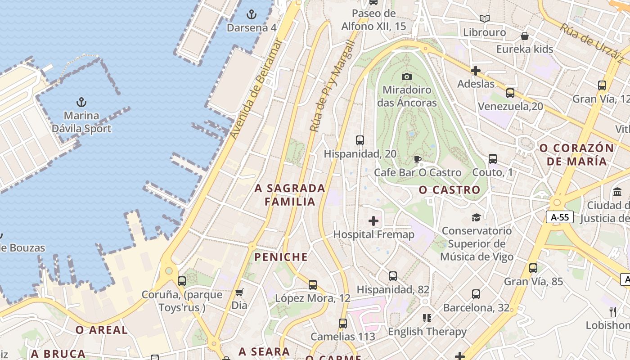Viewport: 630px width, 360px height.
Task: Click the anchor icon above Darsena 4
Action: pyautogui.click(x=252, y=14)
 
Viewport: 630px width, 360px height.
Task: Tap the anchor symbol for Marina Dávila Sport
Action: pyautogui.click(x=81, y=102)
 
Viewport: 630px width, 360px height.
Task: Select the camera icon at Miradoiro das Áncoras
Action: pyautogui.click(x=407, y=76)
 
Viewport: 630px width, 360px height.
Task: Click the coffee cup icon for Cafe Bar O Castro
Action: pyautogui.click(x=418, y=159)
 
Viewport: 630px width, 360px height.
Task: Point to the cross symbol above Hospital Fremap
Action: pyautogui.click(x=373, y=221)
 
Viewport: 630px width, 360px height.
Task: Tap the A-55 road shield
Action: pyautogui.click(x=560, y=217)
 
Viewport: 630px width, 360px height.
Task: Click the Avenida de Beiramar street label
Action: pyautogui.click(x=256, y=89)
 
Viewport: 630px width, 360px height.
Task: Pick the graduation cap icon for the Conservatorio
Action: pyautogui.click(x=476, y=218)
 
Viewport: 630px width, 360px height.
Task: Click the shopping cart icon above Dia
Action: pyautogui.click(x=239, y=292)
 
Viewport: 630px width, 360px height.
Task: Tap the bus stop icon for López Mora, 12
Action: pyautogui.click(x=313, y=285)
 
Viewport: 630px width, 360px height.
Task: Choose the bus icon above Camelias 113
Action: pyautogui.click(x=343, y=324)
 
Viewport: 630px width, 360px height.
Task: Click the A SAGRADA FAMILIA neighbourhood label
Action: pyautogui.click(x=290, y=195)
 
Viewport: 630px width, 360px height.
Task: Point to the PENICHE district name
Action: pyautogui.click(x=281, y=257)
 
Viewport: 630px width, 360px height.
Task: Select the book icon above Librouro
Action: pyautogui.click(x=485, y=19)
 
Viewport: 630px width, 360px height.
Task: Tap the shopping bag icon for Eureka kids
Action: pyautogui.click(x=525, y=36)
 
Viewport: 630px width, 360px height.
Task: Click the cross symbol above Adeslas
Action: pyautogui.click(x=476, y=71)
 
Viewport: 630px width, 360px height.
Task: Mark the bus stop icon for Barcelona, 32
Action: pyautogui.click(x=476, y=295)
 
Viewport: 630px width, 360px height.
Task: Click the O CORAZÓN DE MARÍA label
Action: pyautogui.click(x=576, y=154)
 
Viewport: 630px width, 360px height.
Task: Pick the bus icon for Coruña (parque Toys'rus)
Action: pyautogui.click(x=182, y=281)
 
